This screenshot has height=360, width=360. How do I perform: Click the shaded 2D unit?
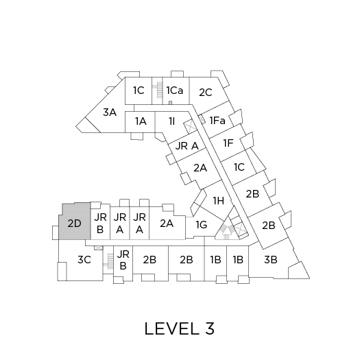click(74, 221)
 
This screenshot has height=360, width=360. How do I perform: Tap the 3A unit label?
click(110, 112)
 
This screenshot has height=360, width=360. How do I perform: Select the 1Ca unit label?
click(175, 91)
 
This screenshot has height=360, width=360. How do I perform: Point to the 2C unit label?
click(206, 93)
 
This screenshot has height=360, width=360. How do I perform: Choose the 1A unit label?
click(141, 121)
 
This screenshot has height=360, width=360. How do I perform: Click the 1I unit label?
click(171, 121)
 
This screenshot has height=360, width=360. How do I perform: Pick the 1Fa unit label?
click(217, 121)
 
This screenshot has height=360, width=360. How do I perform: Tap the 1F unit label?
click(228, 143)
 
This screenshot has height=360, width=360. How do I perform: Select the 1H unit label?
click(219, 201)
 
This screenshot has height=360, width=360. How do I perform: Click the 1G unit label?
click(202, 225)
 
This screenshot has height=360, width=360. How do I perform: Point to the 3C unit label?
click(84, 260)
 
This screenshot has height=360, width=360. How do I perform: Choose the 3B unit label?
click(271, 260)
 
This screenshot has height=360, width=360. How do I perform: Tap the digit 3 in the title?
click(209, 328)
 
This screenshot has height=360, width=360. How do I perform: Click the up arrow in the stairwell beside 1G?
click(226, 232)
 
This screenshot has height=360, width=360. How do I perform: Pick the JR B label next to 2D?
click(100, 224)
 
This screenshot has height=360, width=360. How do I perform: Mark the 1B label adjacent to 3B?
click(238, 260)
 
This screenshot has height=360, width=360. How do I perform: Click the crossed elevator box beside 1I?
click(191, 126)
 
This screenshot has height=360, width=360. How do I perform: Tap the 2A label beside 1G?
click(167, 224)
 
